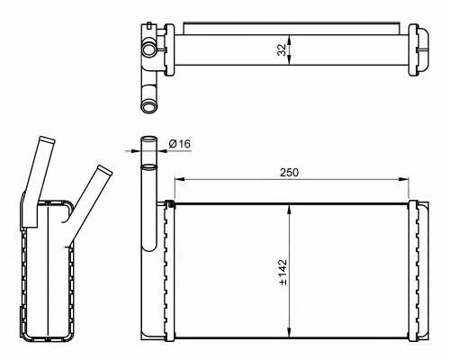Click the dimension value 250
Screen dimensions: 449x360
289,173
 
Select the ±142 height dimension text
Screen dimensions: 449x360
283,272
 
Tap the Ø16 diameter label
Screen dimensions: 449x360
180,144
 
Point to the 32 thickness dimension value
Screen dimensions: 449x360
282,49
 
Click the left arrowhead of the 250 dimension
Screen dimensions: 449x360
179,179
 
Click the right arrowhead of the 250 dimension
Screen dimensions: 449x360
404,179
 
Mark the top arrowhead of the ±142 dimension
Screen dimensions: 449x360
289,209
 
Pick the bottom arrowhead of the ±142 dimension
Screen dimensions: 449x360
289,332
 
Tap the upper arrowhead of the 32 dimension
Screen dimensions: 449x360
289,40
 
